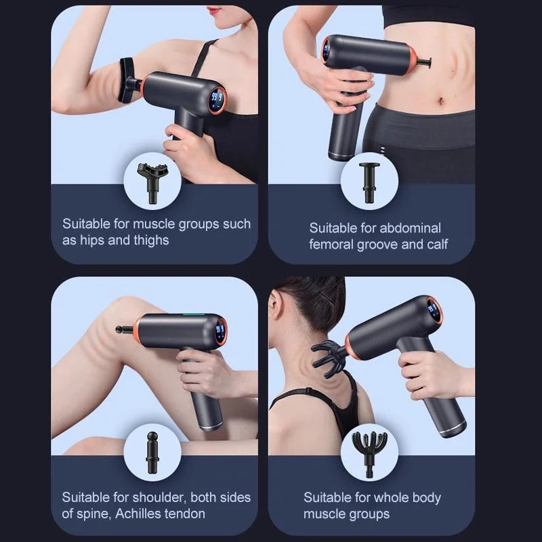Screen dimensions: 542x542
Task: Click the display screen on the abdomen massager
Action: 327,49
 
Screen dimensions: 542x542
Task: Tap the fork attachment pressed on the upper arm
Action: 127,80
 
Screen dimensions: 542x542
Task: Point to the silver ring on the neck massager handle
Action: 451,428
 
